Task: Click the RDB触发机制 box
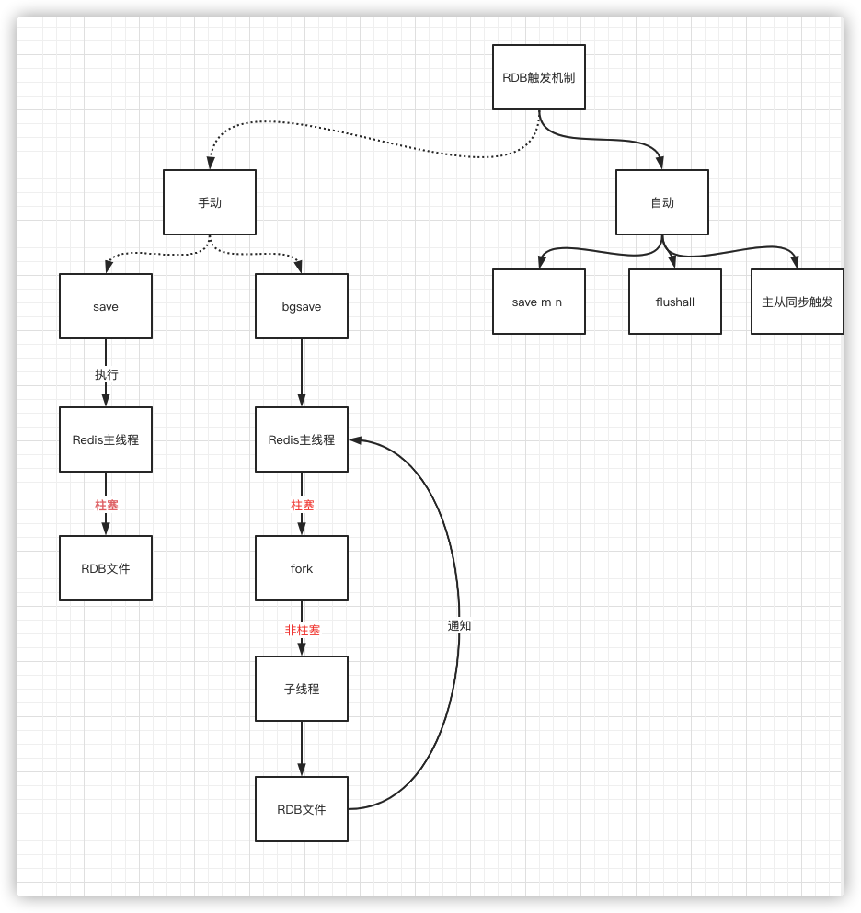[x=539, y=77]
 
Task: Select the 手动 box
[x=210, y=202]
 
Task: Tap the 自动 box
[x=662, y=202]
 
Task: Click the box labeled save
[x=106, y=306]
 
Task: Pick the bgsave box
[x=302, y=306]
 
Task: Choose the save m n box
[x=539, y=302]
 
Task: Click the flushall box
[x=675, y=302]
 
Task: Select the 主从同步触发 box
[x=797, y=302]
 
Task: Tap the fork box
[x=302, y=568]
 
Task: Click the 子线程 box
[x=302, y=689]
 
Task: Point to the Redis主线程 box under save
[x=106, y=439]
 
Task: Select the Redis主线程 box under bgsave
[x=302, y=439]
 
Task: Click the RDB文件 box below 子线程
[x=302, y=809]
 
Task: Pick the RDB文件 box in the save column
[x=106, y=568]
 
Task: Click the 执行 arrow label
[x=107, y=374]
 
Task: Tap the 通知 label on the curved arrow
[x=459, y=625]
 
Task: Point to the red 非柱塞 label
[x=303, y=630]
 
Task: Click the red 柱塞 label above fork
[x=303, y=505]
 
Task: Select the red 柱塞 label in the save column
[x=107, y=505]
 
